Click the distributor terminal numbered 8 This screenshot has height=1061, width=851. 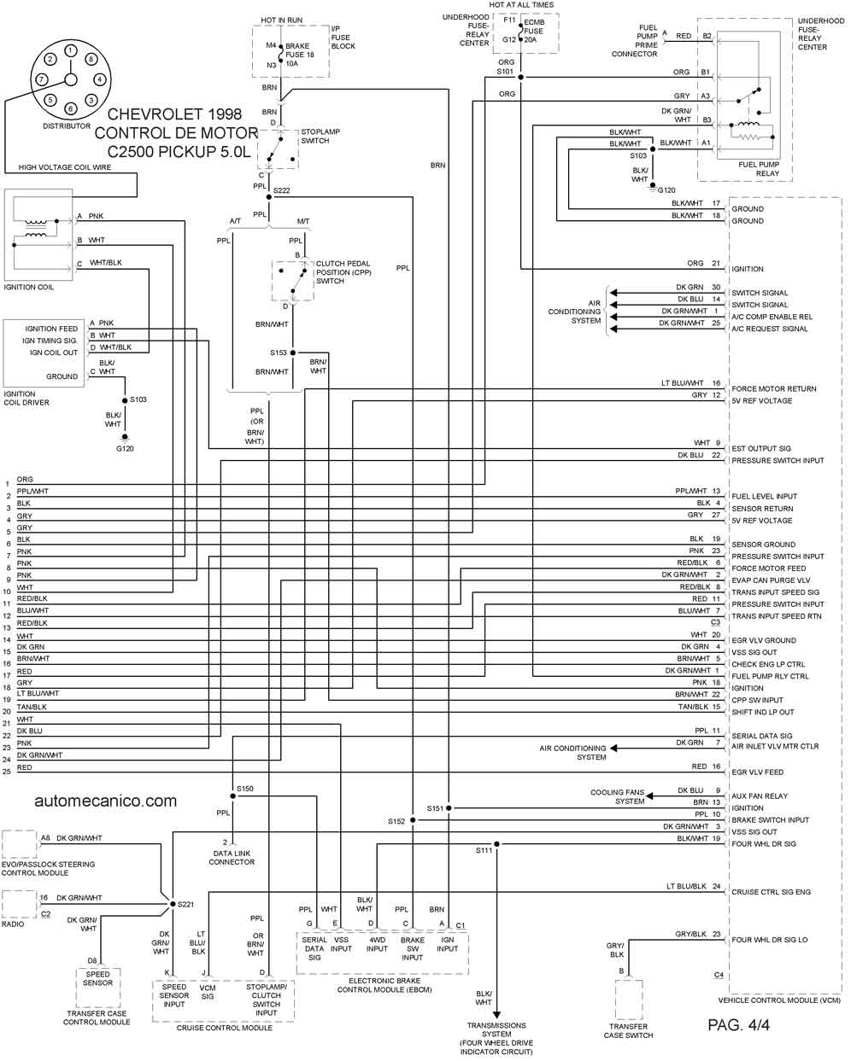pyautogui.click(x=91, y=59)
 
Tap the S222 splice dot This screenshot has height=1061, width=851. pyautogui.click(x=269, y=197)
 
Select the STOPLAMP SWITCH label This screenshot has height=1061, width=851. pyautogui.click(x=320, y=137)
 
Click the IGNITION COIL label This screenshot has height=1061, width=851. pyautogui.click(x=29, y=287)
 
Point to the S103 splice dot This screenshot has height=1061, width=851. pyautogui.click(x=125, y=399)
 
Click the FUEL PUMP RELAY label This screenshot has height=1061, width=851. pyautogui.click(x=759, y=169)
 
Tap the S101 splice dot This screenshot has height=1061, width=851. pyautogui.click(x=521, y=78)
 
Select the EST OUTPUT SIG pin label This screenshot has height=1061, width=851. pyautogui.click(x=761, y=449)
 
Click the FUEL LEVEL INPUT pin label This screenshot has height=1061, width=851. pyautogui.click(x=764, y=497)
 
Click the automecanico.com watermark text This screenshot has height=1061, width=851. pyautogui.click(x=106, y=801)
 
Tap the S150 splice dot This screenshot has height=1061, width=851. pyautogui.click(x=233, y=796)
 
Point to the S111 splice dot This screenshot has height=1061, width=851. pyautogui.click(x=496, y=844)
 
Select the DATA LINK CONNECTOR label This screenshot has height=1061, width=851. pyautogui.click(x=232, y=857)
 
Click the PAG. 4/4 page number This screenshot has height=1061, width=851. pyautogui.click(x=738, y=1025)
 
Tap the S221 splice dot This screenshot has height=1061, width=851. pyautogui.click(x=173, y=904)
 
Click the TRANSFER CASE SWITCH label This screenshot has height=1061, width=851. pyautogui.click(x=628, y=1030)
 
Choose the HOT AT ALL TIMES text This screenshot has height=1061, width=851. pyautogui.click(x=521, y=5)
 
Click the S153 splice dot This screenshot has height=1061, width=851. pyautogui.click(x=293, y=353)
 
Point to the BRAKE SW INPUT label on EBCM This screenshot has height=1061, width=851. pyautogui.click(x=412, y=948)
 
